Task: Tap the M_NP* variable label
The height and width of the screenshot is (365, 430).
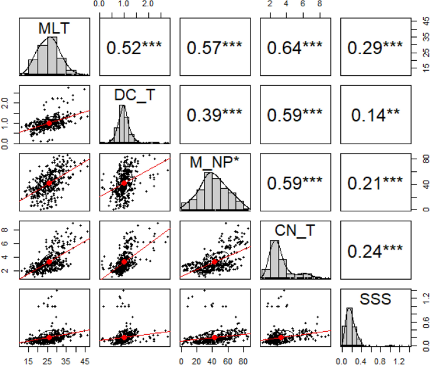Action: [x=210, y=163]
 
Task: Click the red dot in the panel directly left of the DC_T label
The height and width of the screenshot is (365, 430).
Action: [x=49, y=124]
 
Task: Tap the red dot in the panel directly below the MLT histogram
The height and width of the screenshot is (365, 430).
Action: [x=49, y=124]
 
